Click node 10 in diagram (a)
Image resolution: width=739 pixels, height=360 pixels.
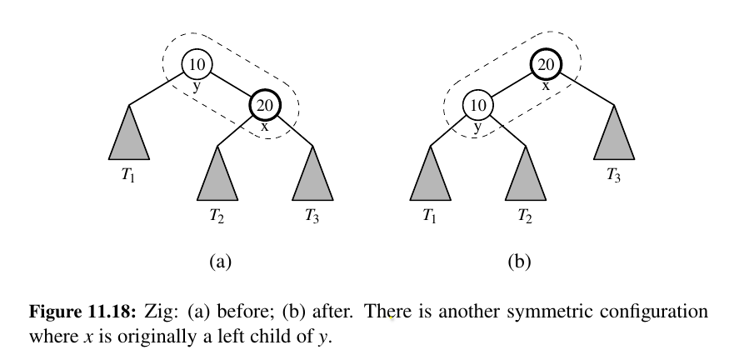coord(197,64)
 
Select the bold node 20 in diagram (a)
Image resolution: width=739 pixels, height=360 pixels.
coord(265,106)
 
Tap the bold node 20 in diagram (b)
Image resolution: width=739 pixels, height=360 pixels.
coord(545,64)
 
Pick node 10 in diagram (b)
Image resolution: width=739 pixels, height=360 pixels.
coord(477,106)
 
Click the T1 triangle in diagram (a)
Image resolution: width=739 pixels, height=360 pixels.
coord(129,138)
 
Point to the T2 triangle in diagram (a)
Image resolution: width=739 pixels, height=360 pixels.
coord(217,178)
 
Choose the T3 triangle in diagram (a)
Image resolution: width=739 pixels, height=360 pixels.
coord(313,178)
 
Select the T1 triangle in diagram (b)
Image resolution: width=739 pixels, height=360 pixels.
coord(430,178)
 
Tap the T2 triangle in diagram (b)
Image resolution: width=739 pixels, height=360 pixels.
coord(526,178)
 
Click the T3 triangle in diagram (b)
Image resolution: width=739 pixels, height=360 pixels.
coord(614,138)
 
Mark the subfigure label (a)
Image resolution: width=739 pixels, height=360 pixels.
coord(218,262)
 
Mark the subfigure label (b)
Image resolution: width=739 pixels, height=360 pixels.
coord(519,262)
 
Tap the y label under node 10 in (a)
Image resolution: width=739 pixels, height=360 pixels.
coord(197,85)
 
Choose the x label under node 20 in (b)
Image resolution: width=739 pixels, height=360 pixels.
coord(546,85)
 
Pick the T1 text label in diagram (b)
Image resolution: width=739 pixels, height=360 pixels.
coord(429,218)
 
